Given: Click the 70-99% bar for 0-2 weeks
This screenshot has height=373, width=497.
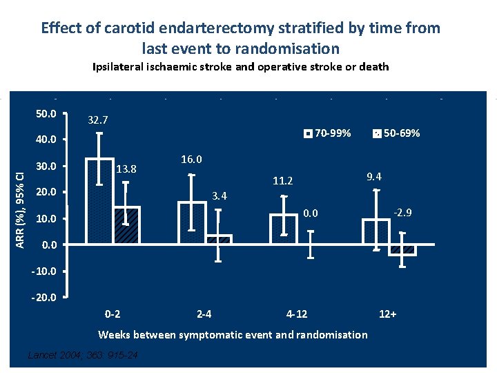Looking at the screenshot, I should coord(99,201).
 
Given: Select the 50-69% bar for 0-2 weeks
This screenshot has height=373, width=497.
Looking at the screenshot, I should coord(126,225).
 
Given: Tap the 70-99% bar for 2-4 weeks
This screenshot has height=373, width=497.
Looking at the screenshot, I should coord(191,222).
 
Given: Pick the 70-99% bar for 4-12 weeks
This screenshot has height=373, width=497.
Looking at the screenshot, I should coord(283,229).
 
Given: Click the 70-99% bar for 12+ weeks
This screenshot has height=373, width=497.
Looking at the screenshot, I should coord(376,231).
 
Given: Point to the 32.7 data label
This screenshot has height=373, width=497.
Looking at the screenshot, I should coord(98,120).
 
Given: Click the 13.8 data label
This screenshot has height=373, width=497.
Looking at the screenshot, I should coord(127,169).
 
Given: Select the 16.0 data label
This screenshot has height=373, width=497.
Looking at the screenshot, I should coord(191,160).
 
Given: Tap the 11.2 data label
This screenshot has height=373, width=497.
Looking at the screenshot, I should coord(283,182).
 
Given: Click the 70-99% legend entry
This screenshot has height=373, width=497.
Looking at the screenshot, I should coord(327,133).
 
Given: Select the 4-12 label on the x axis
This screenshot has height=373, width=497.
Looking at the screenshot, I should coord(297,314).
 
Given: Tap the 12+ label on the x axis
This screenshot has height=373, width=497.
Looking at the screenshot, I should coord(388,314).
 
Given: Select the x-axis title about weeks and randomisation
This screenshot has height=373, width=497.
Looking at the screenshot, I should coord(233,335).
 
